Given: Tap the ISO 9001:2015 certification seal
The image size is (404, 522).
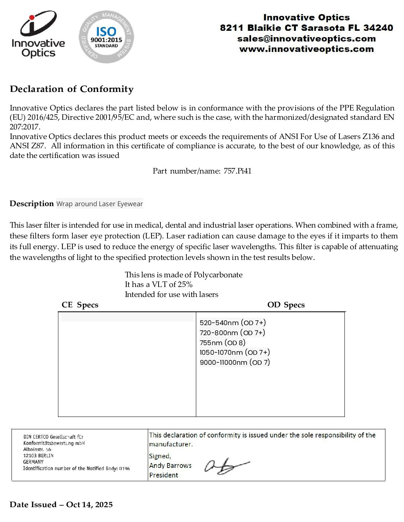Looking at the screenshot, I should tap(106, 37).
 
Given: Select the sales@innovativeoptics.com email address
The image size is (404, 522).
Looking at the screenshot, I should tap(306, 39).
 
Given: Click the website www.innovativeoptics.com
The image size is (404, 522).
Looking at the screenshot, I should tap(306, 49).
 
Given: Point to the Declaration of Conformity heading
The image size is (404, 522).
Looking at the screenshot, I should tap(72, 89).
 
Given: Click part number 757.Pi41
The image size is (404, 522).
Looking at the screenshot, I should tap(238, 171).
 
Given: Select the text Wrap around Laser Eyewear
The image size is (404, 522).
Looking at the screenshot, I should tap(100, 204).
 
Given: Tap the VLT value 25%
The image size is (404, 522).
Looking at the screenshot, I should tap(185, 285).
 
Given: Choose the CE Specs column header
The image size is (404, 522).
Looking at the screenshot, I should tap(80, 305).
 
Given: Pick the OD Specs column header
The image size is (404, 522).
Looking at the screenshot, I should tap(286, 305).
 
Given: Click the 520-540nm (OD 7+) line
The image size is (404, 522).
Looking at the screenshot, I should tap(233, 323).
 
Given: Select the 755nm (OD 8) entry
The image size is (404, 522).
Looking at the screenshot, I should tap(222, 343).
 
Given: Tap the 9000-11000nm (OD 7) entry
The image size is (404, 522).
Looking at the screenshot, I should tap(235, 363).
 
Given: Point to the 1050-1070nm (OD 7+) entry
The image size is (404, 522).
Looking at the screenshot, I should tap(235, 353).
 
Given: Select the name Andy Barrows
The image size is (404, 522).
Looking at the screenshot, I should tap(170, 466).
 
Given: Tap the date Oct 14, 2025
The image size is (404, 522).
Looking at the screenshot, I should tap(89, 505).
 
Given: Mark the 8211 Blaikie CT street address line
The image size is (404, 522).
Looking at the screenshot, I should tap(306, 28).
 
